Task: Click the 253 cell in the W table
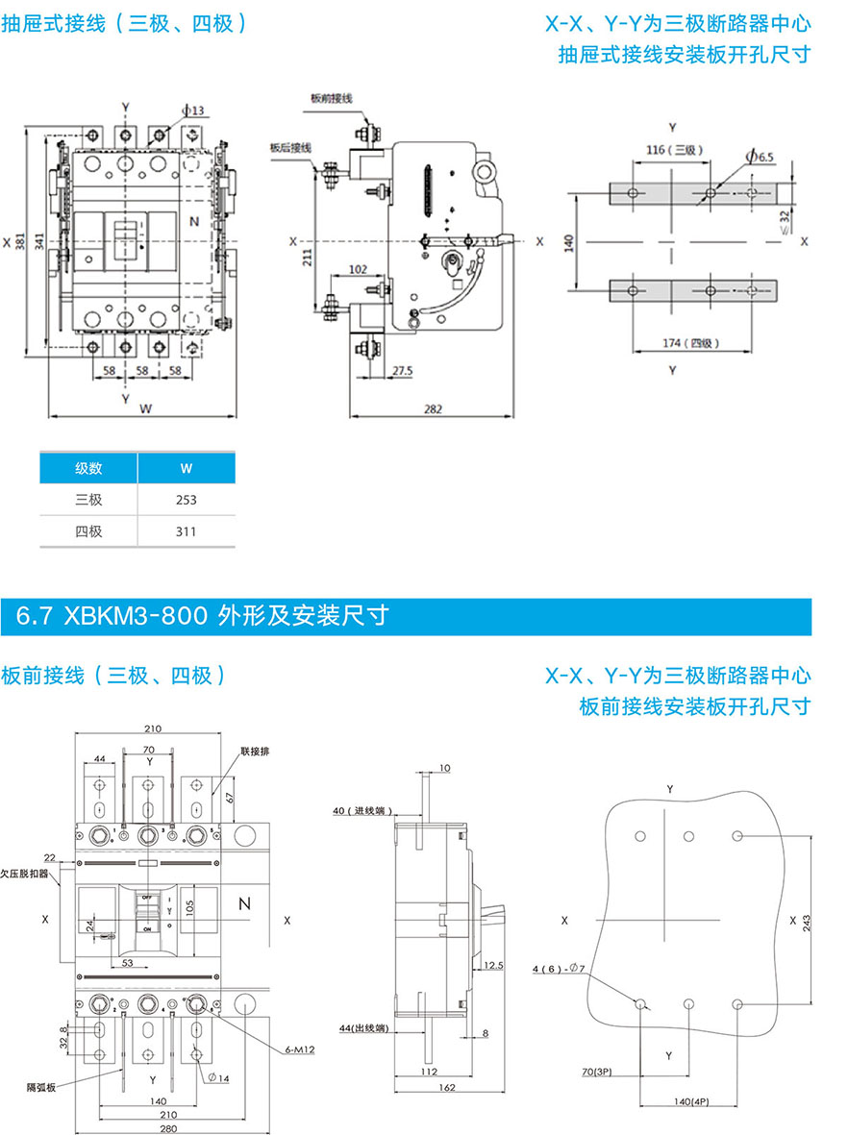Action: [186, 500]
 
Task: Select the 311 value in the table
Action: [186, 530]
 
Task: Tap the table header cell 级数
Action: [88, 469]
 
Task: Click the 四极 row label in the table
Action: [88, 530]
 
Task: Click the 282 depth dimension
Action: [433, 408]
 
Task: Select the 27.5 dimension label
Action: [402, 370]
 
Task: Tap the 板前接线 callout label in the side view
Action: [332, 99]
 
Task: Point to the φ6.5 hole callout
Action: [760, 157]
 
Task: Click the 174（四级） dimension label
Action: [692, 343]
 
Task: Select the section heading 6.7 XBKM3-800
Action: [202, 614]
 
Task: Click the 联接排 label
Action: [253, 749]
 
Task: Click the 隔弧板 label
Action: [41, 1087]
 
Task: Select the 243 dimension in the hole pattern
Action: [807, 920]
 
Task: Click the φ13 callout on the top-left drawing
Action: [194, 111]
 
